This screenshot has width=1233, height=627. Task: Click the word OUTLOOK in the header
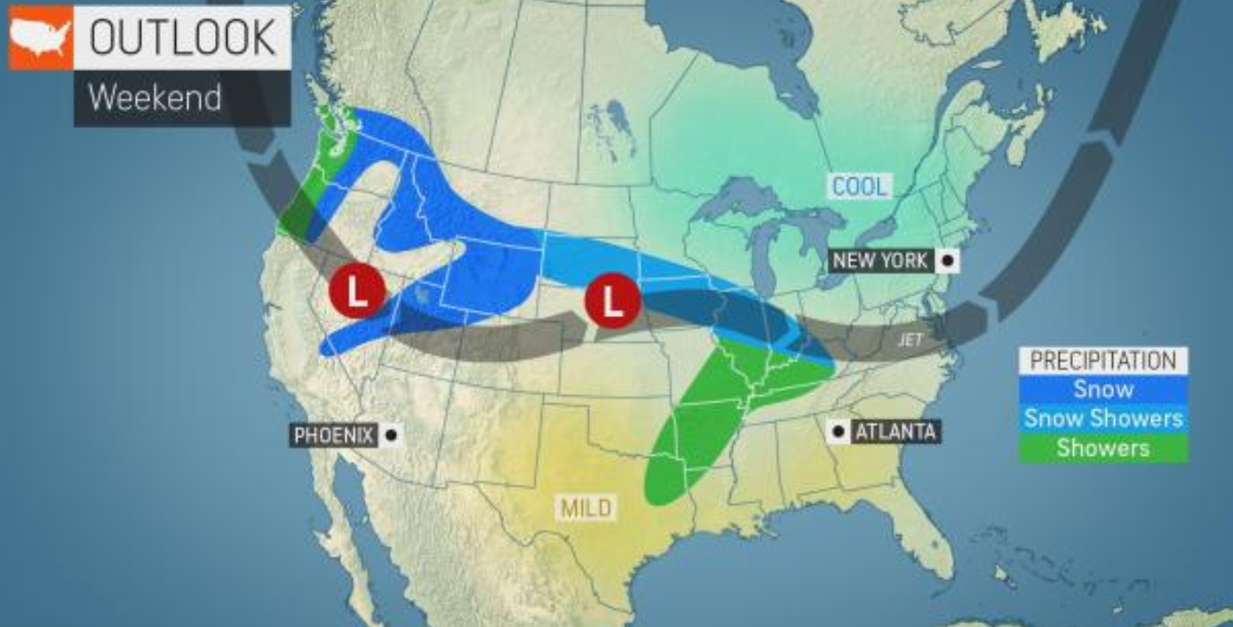[x=182, y=36]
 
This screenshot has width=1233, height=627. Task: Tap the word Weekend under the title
[x=155, y=97]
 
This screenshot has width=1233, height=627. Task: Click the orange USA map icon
[x=40, y=37]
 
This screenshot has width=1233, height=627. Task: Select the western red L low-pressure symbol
[x=356, y=290]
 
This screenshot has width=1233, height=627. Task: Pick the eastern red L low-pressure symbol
[x=612, y=302]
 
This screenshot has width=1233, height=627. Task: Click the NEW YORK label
[x=879, y=261]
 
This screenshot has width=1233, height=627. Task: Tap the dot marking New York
[x=948, y=261]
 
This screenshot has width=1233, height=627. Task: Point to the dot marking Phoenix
[x=391, y=435]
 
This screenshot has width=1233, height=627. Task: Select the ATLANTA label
[x=895, y=433]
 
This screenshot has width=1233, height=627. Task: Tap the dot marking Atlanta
[x=838, y=433]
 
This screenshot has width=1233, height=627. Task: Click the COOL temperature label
[x=859, y=187]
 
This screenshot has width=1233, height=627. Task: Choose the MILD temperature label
[x=586, y=508]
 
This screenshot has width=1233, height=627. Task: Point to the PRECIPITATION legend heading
[x=1102, y=361]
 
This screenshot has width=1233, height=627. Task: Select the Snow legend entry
[x=1102, y=389]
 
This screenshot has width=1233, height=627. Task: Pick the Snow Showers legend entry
[x=1102, y=418]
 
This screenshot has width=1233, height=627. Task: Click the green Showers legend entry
[x=1102, y=448]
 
